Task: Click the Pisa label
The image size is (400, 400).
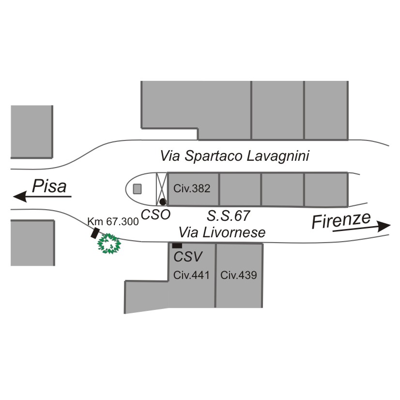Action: click(x=49, y=186)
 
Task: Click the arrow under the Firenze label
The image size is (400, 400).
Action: click(x=362, y=228)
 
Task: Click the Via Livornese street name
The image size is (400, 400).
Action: click(x=222, y=232)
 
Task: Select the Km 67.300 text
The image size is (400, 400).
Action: click(x=113, y=221)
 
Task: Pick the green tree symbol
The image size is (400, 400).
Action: click(x=109, y=244)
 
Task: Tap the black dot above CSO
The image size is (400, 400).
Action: click(x=163, y=201)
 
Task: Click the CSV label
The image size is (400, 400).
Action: click(x=187, y=257)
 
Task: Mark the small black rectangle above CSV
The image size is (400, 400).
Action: click(x=177, y=246)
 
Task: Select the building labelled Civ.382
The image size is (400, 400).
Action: click(x=193, y=189)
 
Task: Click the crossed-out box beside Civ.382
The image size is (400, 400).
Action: click(x=161, y=189)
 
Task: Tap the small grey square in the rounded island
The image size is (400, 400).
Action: click(x=138, y=189)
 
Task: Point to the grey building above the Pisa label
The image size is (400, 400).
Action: click(x=31, y=131)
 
